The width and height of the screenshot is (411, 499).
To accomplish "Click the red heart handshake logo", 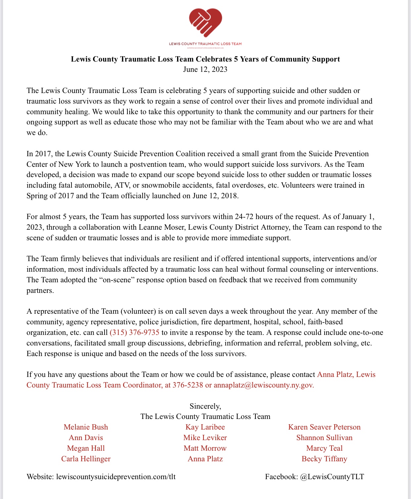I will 205,22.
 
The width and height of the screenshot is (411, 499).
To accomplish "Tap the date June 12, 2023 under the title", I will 205,69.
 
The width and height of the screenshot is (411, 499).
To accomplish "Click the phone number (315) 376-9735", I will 134,332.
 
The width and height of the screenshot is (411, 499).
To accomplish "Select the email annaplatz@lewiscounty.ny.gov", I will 263,385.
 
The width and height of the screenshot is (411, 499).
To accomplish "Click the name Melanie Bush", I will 86,427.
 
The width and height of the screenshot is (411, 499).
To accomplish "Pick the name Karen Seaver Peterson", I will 324,427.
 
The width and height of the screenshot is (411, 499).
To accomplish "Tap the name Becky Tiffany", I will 324,459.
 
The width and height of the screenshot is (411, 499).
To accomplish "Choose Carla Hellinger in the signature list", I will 86,459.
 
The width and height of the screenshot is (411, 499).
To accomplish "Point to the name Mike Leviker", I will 205,437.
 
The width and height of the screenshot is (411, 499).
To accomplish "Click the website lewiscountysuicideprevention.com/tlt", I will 116,476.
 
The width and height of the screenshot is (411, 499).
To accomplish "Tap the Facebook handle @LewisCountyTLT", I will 332,476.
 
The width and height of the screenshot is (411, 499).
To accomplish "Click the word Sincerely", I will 205,406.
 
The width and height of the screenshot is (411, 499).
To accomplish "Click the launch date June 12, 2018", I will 215,196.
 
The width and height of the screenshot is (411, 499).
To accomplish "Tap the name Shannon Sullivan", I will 324,437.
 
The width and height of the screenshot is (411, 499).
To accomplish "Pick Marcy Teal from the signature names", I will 324,448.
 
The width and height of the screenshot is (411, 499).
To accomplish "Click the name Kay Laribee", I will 205,427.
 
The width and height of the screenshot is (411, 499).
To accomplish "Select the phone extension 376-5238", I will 188,385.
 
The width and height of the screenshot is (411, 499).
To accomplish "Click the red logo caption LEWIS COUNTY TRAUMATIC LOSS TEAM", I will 205,44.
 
